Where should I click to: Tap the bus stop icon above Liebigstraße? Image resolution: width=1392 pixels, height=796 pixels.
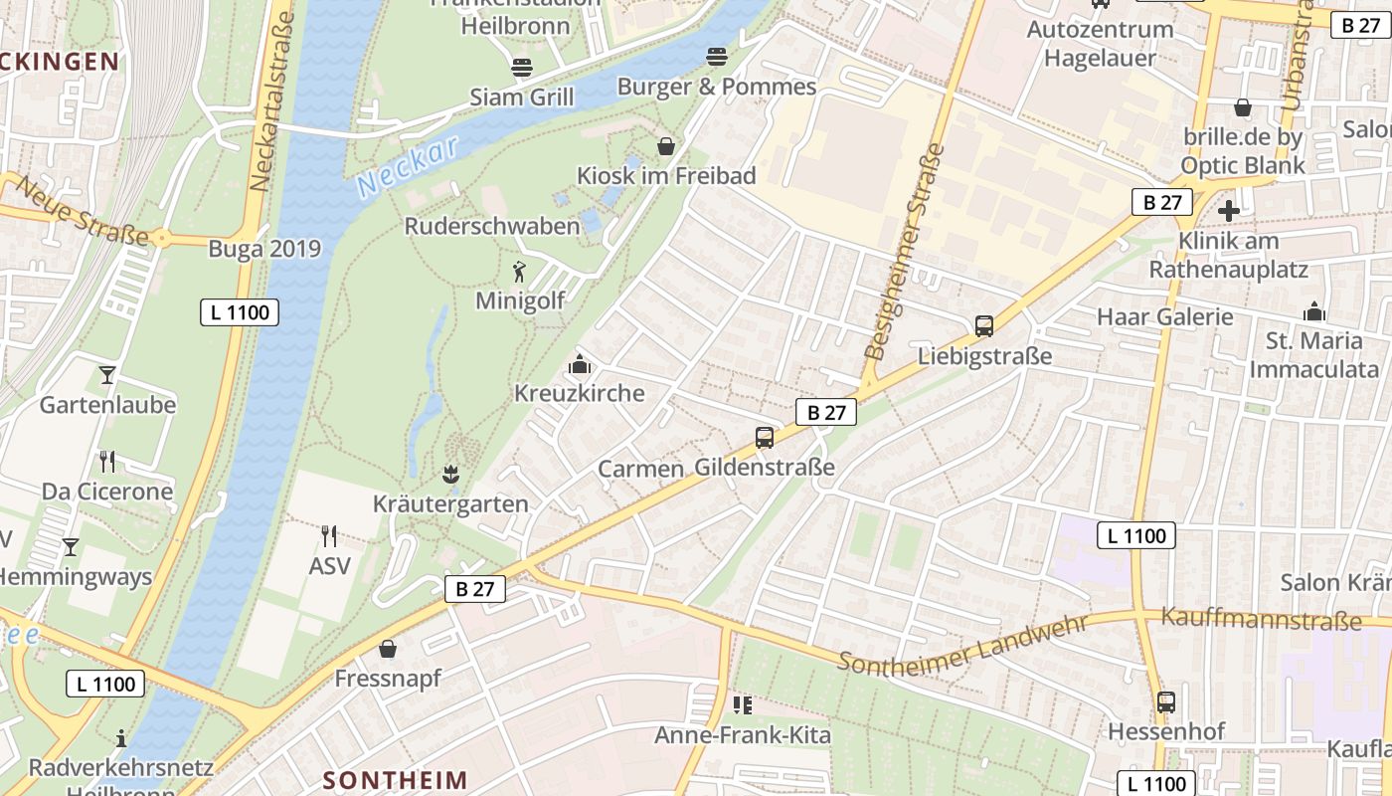point(984,325)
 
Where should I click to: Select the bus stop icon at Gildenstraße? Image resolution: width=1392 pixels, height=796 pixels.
point(765,437)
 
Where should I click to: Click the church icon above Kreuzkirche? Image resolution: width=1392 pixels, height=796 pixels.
point(579,364)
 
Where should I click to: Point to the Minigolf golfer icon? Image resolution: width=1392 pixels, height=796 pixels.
point(518,271)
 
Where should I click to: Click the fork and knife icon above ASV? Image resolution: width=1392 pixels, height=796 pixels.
point(329,536)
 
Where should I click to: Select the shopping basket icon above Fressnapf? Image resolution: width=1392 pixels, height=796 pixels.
point(388,649)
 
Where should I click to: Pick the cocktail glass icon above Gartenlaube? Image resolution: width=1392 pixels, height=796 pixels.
point(107,375)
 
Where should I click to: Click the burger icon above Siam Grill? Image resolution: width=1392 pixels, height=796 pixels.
point(522,68)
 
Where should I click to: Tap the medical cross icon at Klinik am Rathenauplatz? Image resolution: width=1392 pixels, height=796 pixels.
point(1229,211)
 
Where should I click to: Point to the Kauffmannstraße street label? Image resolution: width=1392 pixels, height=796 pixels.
point(1261,621)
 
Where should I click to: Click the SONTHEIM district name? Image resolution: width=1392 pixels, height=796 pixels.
point(396,779)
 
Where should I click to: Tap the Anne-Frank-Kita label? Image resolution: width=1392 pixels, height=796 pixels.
point(742,736)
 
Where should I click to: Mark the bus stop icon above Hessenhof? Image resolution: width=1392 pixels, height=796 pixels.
point(1166,702)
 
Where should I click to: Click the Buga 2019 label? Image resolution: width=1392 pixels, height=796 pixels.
point(264,249)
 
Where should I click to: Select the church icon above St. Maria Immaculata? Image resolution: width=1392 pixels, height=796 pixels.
point(1314,312)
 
